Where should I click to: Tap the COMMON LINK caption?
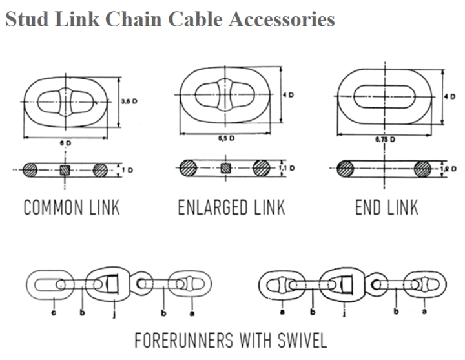click(72, 208)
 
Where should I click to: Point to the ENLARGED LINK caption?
click(230, 208)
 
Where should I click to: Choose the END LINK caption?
click(386, 208)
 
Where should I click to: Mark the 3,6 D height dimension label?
click(129, 101)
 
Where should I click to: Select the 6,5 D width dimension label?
click(225, 139)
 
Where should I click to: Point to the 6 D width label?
click(68, 142)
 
